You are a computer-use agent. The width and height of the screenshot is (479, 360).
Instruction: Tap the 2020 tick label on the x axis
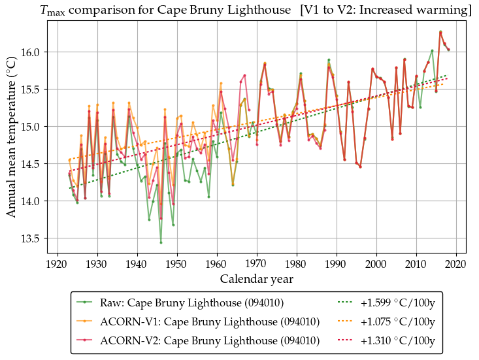coord(455,263)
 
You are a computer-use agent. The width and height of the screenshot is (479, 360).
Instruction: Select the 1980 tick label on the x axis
coord(296,263)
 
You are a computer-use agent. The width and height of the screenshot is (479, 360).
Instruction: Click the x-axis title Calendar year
coord(257,279)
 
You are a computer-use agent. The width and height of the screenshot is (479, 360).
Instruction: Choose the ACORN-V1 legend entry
coord(209,321)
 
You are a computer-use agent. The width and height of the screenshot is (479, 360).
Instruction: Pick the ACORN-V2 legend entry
coord(209,340)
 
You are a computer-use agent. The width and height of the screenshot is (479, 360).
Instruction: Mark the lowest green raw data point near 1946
coord(161,242)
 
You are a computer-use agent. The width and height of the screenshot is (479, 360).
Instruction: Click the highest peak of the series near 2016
coord(440,31)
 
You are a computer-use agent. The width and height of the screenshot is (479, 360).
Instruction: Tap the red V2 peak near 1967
coord(244,75)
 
